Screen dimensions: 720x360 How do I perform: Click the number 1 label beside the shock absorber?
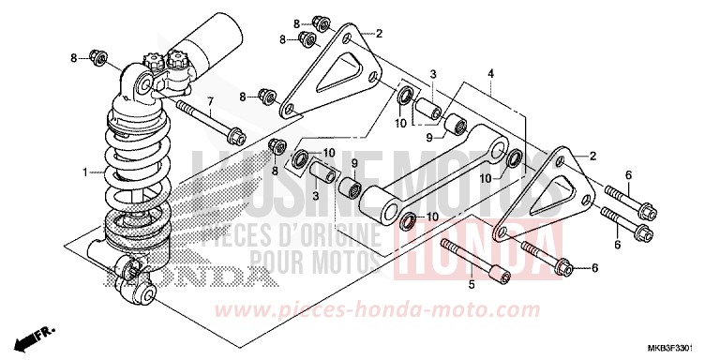tap(85, 172)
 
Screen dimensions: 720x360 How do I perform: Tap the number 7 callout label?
tap(210, 100)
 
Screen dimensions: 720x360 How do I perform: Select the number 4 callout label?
tap(489, 73)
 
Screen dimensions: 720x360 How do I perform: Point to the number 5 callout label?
tap(472, 282)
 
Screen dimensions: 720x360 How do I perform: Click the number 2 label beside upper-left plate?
tap(379, 35)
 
